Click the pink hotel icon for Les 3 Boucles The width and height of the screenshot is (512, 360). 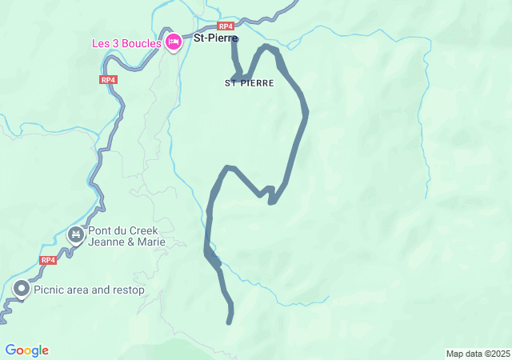coord(174,43)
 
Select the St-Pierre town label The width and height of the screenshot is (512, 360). coord(216,37)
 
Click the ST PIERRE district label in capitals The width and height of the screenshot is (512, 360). coord(250,83)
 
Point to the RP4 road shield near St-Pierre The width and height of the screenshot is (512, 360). coord(226,26)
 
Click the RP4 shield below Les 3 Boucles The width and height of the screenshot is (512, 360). coord(108,79)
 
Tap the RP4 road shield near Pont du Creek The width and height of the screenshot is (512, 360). coord(48,260)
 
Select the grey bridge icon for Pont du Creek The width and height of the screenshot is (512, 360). coord(76,235)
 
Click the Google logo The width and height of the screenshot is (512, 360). coord(26,350)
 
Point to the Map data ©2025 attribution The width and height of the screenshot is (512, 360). coord(478,354)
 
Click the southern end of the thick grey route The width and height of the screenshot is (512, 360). coord(230,322)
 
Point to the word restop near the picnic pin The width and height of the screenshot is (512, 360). coord(128,290)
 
